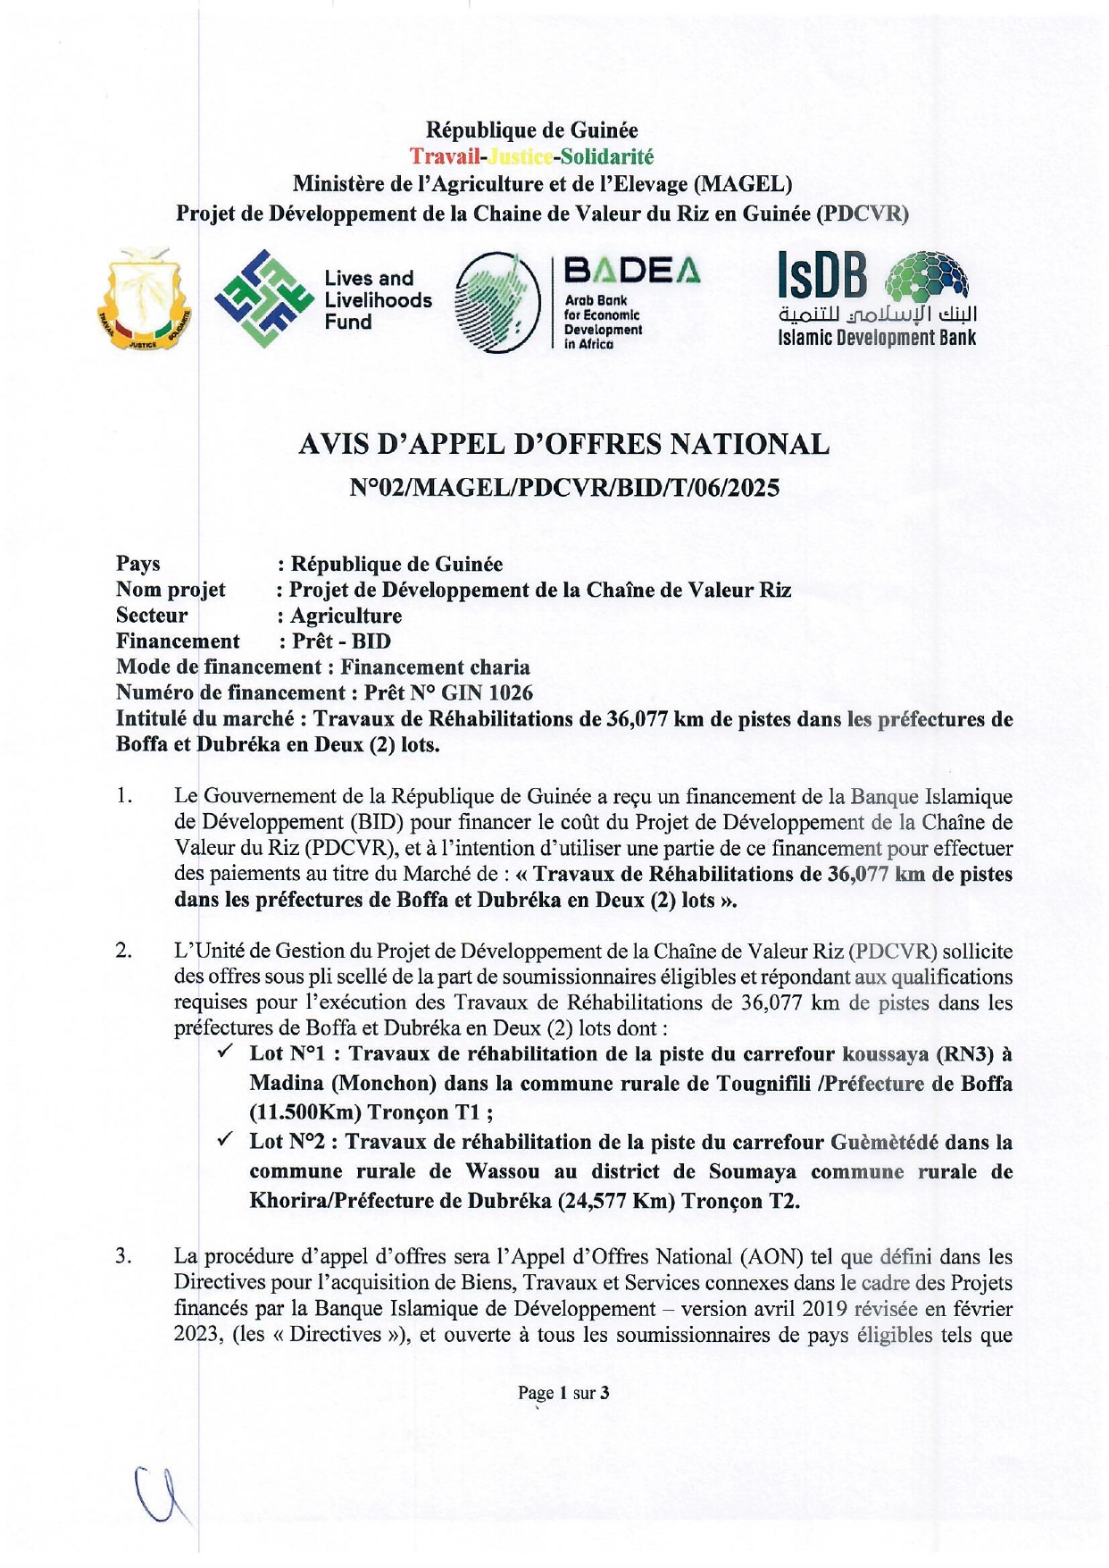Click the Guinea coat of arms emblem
pyautogui.click(x=144, y=300)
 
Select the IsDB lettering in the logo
pyautogui.click(x=821, y=275)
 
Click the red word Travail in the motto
pyautogui.click(x=444, y=157)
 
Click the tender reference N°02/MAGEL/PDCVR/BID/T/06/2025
pyautogui.click(x=563, y=488)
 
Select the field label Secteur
pyautogui.click(x=152, y=616)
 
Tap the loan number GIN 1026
pyautogui.click(x=488, y=693)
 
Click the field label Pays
pyautogui.click(x=138, y=564)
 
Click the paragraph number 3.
pyautogui.click(x=123, y=1257)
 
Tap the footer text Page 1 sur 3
pyautogui.click(x=563, y=1393)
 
